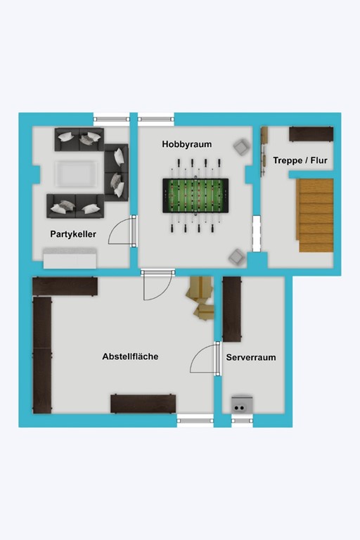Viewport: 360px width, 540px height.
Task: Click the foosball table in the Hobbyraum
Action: tap(195, 195)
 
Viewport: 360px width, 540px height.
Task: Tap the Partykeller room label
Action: tap(73, 234)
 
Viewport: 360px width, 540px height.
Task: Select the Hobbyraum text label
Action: tap(186, 144)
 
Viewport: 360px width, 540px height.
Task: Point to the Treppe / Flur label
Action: tap(300, 160)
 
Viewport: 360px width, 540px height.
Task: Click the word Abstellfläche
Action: tap(130, 356)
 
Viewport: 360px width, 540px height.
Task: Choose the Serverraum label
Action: tap(251, 357)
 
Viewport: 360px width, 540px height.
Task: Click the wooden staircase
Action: tap(316, 215)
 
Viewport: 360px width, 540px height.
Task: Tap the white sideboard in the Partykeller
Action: tap(70, 259)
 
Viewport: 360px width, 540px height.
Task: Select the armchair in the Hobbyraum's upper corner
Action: tap(241, 147)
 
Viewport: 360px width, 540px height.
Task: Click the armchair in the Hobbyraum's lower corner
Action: tap(237, 257)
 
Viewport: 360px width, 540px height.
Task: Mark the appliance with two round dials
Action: tap(242, 404)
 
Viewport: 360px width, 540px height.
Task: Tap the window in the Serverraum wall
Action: tap(242, 420)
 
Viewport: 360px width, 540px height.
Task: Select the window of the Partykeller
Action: tap(111, 119)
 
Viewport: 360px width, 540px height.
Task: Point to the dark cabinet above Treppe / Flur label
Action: tap(311, 134)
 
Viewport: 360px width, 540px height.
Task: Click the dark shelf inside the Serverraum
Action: tap(232, 309)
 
